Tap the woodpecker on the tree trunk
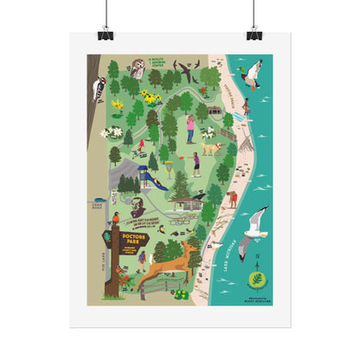coord(100,87)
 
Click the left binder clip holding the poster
coord(106,34)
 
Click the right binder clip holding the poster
coord(254,34)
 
